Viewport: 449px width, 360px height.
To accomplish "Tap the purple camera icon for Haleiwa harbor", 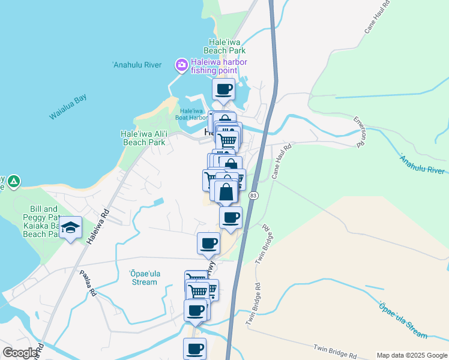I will click(x=181, y=64).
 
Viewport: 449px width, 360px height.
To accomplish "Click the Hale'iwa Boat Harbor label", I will click(x=191, y=114).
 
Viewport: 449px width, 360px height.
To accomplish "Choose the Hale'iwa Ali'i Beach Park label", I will click(x=143, y=138).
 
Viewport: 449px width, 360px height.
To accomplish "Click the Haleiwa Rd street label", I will click(x=97, y=226).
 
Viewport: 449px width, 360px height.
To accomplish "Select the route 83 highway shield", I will click(x=253, y=196).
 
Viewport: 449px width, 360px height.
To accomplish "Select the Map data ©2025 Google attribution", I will click(x=412, y=355).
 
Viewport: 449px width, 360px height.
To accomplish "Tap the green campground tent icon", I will click(x=14, y=181).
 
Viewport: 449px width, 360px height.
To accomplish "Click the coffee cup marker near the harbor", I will click(x=224, y=90).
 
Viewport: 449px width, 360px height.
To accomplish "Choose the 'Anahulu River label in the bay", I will click(x=137, y=65).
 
